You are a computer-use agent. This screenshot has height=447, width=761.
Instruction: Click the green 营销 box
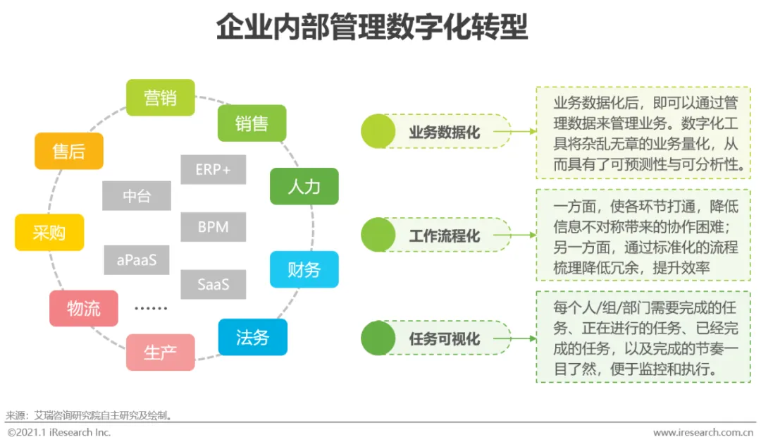click(x=160, y=97)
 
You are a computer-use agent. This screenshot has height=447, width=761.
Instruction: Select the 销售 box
click(x=252, y=123)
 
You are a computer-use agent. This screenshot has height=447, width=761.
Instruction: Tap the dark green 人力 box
click(x=304, y=186)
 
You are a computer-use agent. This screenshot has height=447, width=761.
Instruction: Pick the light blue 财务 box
click(x=304, y=269)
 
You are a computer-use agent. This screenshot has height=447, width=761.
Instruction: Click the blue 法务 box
click(x=252, y=337)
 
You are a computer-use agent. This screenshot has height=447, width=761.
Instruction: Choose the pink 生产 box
click(x=160, y=352)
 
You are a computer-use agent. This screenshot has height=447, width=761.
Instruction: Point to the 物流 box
click(x=83, y=308)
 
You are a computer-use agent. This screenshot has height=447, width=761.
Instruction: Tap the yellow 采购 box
click(x=49, y=232)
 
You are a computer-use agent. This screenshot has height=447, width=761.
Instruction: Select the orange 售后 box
click(x=68, y=151)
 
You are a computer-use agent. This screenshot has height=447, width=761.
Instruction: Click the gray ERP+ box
click(x=213, y=169)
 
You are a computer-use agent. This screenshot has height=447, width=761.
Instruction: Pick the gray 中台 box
click(x=136, y=196)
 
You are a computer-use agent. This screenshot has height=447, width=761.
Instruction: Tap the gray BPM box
click(x=213, y=227)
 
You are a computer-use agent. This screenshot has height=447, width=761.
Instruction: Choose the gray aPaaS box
click(x=137, y=260)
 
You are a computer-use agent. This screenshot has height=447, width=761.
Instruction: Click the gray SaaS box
click(x=213, y=284)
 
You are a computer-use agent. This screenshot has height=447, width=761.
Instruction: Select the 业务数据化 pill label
click(x=445, y=131)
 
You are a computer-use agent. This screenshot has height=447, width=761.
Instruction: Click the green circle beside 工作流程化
click(x=378, y=235)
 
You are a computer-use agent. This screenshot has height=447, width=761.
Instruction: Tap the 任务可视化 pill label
click(x=445, y=338)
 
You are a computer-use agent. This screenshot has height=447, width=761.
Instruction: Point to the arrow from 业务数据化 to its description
click(x=523, y=131)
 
